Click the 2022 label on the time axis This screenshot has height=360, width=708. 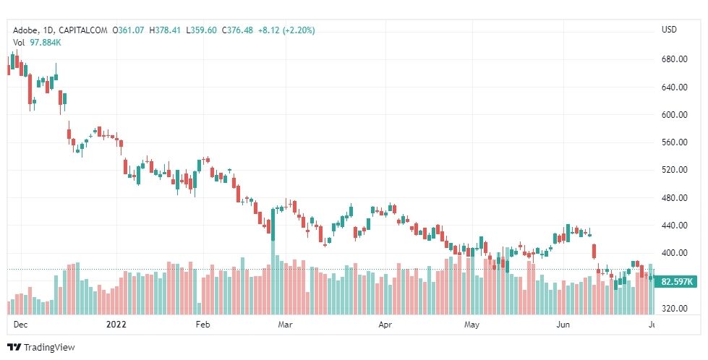(x=116, y=325)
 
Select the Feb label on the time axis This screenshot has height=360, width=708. (x=204, y=325)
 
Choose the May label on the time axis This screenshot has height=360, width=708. (x=472, y=325)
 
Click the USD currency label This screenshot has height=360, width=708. (x=669, y=30)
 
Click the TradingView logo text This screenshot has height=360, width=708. (x=48, y=348)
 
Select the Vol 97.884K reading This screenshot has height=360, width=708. (x=37, y=42)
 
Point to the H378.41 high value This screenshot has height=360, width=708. (x=167, y=30)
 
